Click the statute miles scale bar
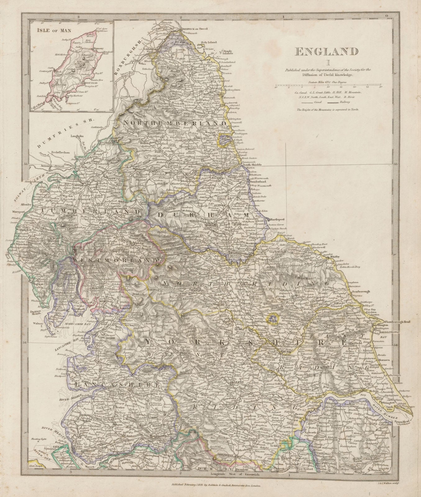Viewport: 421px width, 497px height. click(x=329, y=85)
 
